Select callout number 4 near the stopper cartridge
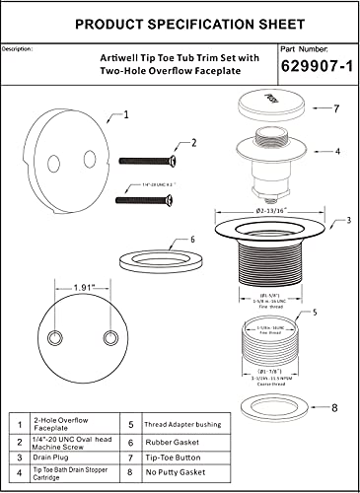pos(337,151)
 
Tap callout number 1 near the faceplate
pos(125,114)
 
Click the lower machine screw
pos(148,199)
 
